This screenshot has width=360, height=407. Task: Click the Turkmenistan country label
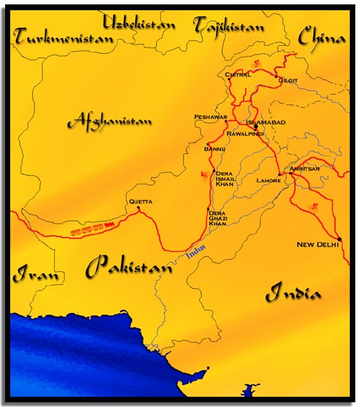pos(62,36)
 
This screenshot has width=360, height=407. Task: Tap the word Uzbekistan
pos(140,23)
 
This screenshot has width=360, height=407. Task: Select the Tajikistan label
pos(230,26)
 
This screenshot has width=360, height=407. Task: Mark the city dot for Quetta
pos(138,209)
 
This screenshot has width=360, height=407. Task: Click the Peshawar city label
pos(211,117)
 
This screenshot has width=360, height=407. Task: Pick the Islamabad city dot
pos(255,126)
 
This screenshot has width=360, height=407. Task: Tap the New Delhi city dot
pos(340,238)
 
